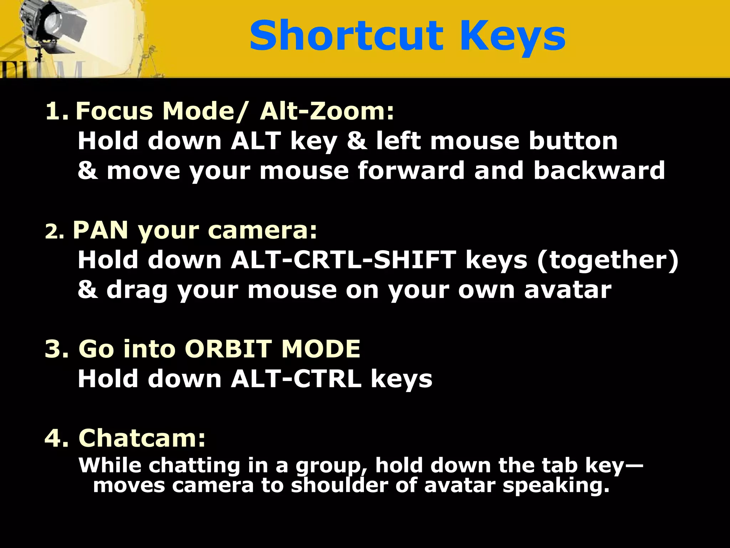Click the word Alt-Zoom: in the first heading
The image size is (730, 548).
click(x=327, y=111)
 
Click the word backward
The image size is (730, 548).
click(x=599, y=170)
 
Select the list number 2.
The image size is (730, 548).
click(x=54, y=232)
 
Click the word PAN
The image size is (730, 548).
click(x=100, y=230)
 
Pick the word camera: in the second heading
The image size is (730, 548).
click(x=262, y=230)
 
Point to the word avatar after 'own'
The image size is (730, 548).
click(x=567, y=289)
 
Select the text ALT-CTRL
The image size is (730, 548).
click(x=296, y=379)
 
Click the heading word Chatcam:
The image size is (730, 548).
click(x=142, y=438)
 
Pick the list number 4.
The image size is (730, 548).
click(x=56, y=438)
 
